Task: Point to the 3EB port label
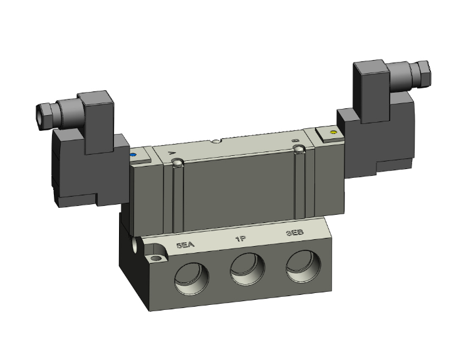[x=295, y=233]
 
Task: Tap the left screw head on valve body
[x=179, y=163]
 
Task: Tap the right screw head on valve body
[x=300, y=149]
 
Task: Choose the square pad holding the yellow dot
[x=329, y=133]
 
